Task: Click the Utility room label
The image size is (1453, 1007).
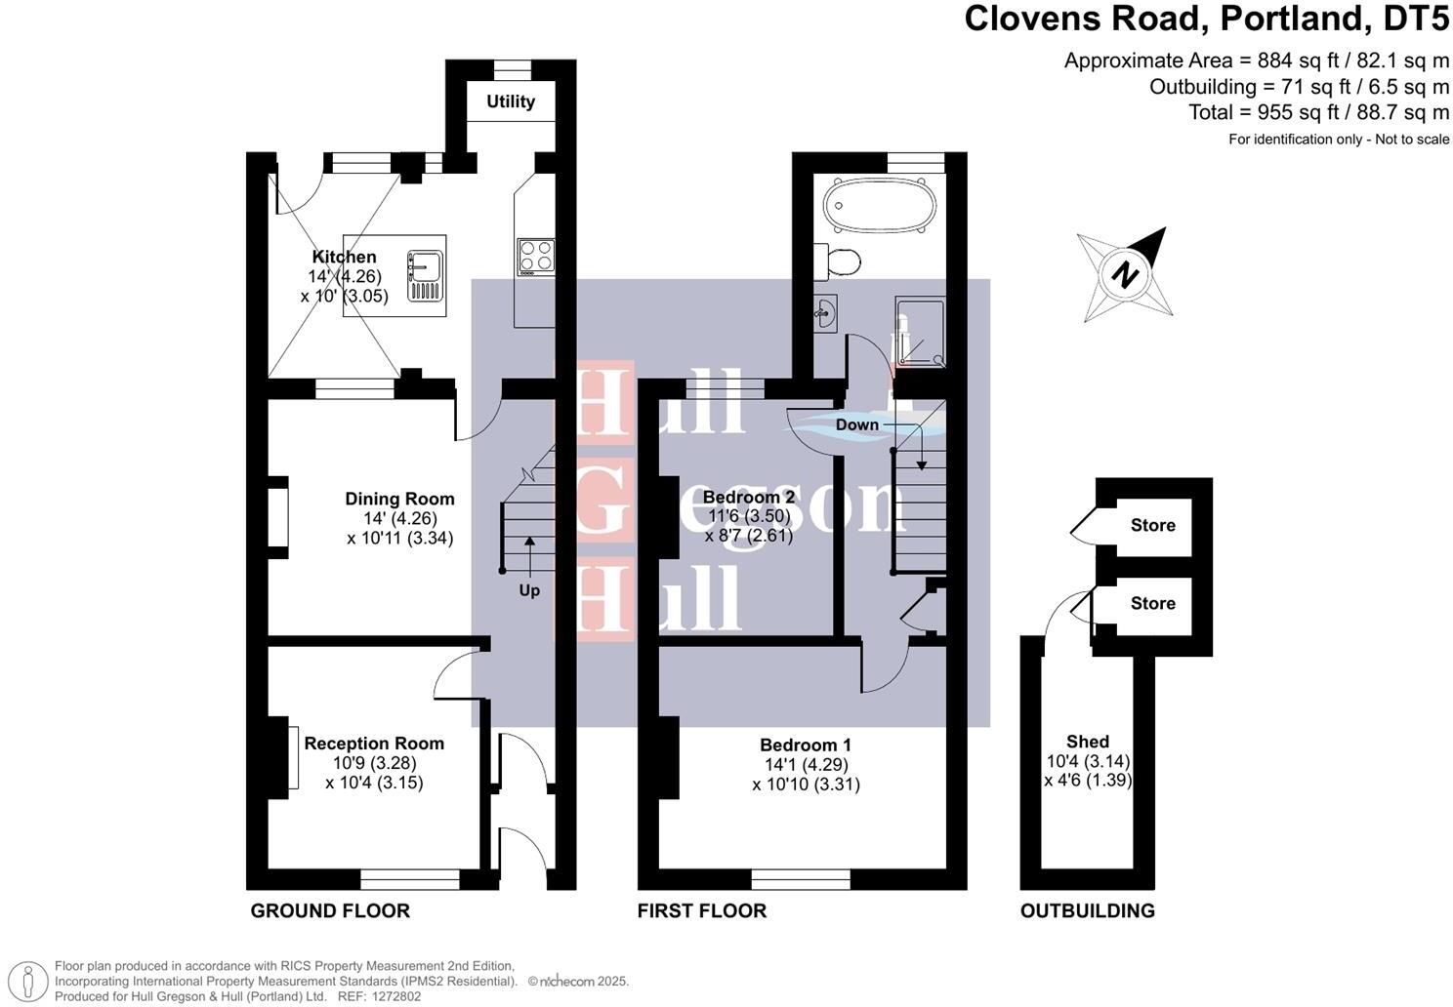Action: pos(511,101)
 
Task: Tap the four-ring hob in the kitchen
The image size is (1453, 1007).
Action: pos(536,257)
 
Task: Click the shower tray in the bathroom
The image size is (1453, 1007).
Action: pos(920,333)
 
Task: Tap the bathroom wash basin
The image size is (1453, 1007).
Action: pos(825,314)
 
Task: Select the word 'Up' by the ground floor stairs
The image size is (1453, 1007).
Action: pos(529,590)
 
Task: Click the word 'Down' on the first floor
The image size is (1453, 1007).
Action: pos(856,424)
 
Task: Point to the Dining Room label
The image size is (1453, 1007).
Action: pos(399,499)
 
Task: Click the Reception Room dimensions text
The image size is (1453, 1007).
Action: pos(374,773)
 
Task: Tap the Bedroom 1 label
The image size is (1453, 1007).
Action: pos(806,745)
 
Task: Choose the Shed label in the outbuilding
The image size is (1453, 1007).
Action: pos(1087,742)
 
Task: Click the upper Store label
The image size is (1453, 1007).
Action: pos(1152,525)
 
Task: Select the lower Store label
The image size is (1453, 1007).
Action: pos(1152,603)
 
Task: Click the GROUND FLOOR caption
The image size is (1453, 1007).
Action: pos(330,910)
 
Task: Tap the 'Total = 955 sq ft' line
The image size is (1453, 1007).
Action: pos(1318,112)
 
